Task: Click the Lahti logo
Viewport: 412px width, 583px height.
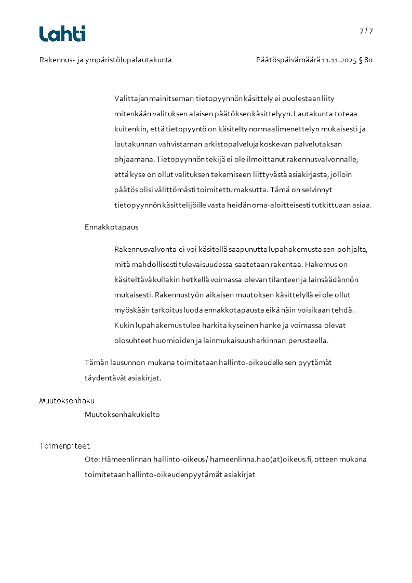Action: tap(62, 34)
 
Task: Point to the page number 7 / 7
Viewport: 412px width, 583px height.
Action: tap(366, 31)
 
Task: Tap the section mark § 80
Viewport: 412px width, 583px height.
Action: tap(366, 60)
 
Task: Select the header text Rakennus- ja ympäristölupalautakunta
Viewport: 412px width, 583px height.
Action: tap(105, 60)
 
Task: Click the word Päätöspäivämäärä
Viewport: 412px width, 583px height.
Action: tap(288, 60)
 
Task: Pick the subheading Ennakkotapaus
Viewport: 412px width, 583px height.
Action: tap(111, 227)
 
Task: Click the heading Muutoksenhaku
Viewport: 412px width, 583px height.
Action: tap(67, 401)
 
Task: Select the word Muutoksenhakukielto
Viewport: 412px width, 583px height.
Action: tap(122, 415)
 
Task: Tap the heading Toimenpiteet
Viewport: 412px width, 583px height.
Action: tap(65, 446)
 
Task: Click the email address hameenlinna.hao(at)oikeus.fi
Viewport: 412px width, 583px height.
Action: tap(261, 459)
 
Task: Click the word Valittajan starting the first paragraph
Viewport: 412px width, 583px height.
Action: tap(130, 98)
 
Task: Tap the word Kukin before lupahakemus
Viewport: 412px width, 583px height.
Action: tap(123, 326)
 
